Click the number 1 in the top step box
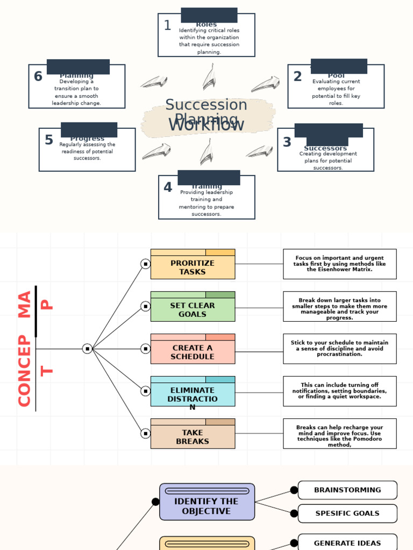click(167, 25)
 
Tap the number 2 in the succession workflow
click(297, 77)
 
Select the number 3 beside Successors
click(287, 142)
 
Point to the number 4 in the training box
click(168, 187)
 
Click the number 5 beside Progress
click(49, 140)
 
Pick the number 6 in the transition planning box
click(38, 77)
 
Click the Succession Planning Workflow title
click(206, 115)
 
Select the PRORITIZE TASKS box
click(193, 267)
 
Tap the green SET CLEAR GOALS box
click(193, 309)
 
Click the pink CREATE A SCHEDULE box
click(193, 352)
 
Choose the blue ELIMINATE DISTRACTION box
click(193, 394)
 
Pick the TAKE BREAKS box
click(193, 437)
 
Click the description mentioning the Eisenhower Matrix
click(339, 264)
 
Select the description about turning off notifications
click(339, 391)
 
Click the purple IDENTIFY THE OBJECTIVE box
click(206, 506)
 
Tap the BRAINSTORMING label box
click(347, 490)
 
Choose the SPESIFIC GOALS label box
click(347, 513)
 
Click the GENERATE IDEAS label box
click(347, 542)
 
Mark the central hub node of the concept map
click(87, 349)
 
